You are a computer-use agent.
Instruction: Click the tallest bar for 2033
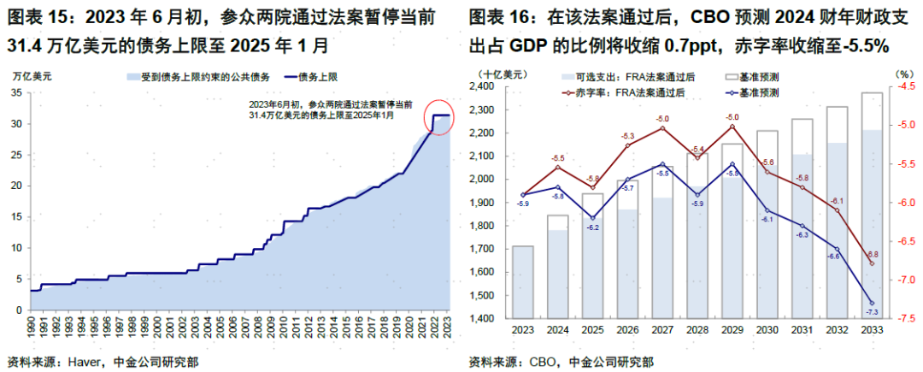[x=872, y=205]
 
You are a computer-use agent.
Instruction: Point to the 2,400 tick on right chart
[x=492, y=86]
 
